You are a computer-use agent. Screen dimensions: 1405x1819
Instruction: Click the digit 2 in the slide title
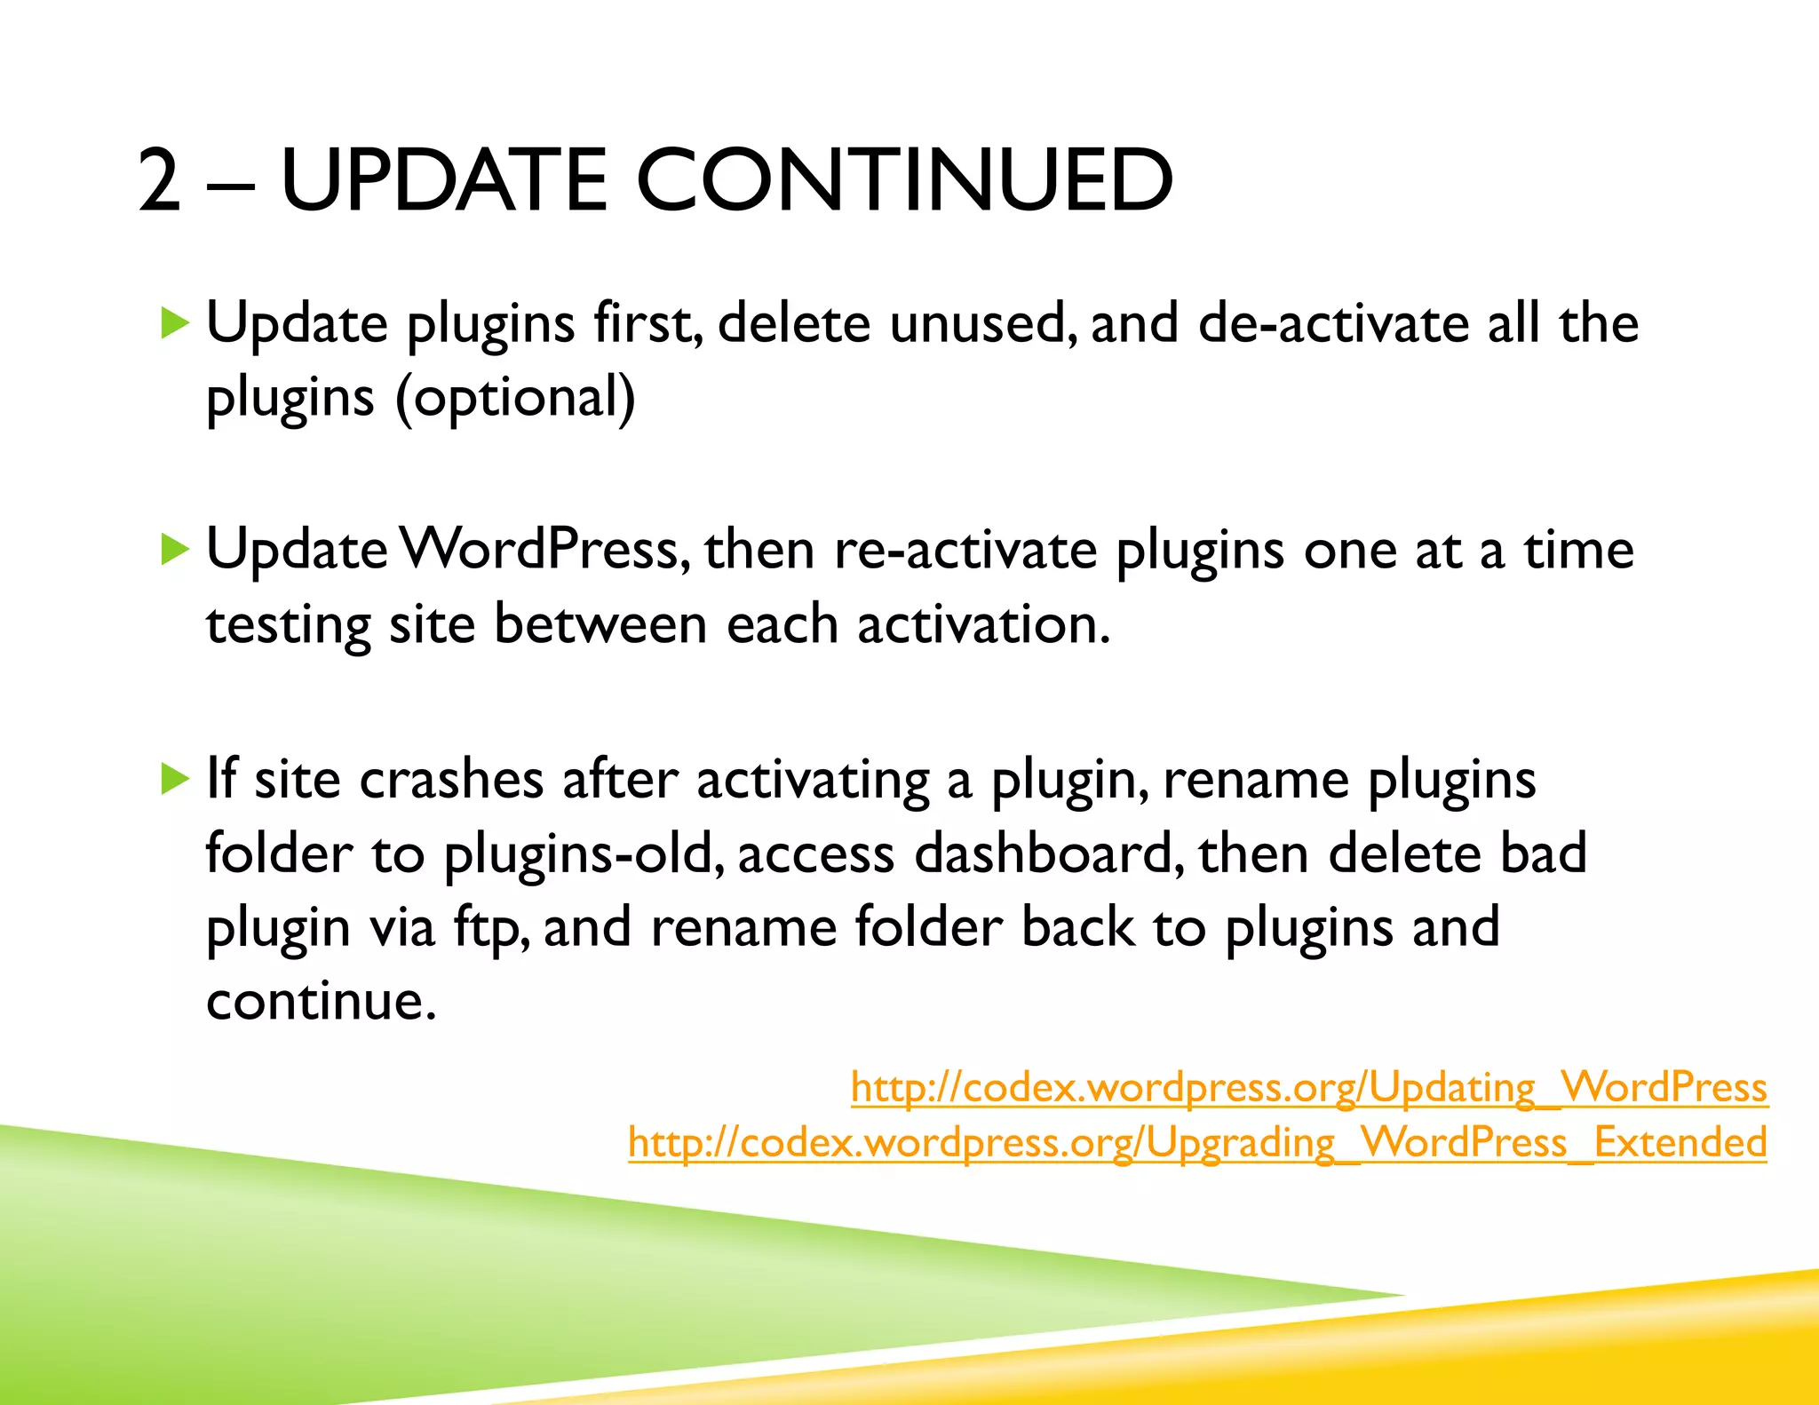161,180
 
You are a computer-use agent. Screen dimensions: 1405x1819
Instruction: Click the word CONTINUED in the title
904,180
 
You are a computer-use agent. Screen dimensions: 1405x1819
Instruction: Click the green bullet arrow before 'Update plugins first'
175,323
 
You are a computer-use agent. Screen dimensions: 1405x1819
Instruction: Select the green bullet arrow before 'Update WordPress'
175,550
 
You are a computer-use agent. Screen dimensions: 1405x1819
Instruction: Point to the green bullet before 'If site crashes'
175,780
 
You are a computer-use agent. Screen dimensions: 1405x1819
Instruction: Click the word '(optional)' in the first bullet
515,397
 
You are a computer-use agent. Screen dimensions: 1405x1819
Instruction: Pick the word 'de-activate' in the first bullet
1332,323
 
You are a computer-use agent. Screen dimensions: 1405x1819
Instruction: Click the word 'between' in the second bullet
600,624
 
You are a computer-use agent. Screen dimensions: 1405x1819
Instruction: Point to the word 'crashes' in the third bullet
451,780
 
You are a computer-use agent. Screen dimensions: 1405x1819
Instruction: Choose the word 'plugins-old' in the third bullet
581,854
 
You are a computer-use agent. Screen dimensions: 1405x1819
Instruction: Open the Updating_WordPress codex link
1309,1087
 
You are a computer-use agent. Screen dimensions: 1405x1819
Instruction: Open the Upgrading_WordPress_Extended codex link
1197,1142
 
